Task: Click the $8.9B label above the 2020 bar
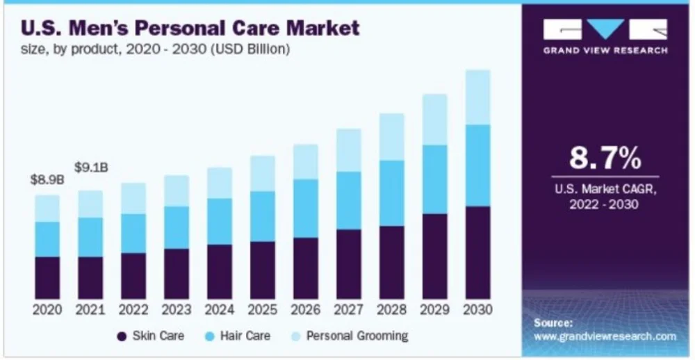pyautogui.click(x=47, y=180)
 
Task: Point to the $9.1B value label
pyautogui.click(x=90, y=167)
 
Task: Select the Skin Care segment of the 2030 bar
pyautogui.click(x=478, y=252)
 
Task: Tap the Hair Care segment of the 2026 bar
pyautogui.click(x=305, y=208)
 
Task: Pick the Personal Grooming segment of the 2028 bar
pyautogui.click(x=392, y=137)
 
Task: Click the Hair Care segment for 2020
pyautogui.click(x=47, y=239)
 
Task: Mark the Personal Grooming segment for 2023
pyautogui.click(x=177, y=190)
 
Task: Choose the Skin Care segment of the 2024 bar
pyautogui.click(x=220, y=272)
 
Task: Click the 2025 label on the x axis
pyautogui.click(x=263, y=309)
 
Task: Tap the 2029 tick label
pyautogui.click(x=435, y=309)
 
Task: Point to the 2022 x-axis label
pyautogui.click(x=133, y=309)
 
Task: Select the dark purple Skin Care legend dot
pyautogui.click(x=122, y=336)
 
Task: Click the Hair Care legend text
pyautogui.click(x=245, y=336)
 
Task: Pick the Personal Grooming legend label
pyautogui.click(x=357, y=336)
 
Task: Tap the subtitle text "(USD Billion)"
pyautogui.click(x=251, y=49)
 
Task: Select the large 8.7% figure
pyautogui.click(x=605, y=158)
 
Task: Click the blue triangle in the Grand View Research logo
pyautogui.click(x=605, y=29)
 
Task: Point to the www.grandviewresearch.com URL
pyautogui.click(x=605, y=336)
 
